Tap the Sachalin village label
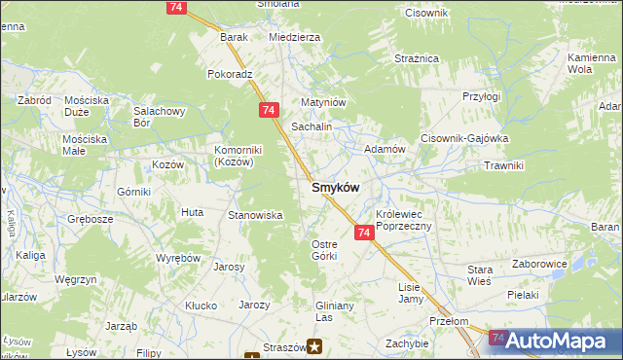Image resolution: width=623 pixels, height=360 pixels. [312, 127]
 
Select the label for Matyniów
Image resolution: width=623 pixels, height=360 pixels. [323, 101]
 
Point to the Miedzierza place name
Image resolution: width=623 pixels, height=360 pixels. [294, 37]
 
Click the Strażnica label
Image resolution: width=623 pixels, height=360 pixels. [419, 59]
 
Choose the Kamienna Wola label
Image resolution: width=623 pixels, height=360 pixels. [593, 64]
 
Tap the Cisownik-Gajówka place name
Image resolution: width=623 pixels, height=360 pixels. [464, 138]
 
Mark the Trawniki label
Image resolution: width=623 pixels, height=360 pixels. [503, 165]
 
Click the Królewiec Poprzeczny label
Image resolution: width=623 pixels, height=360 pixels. [410, 219]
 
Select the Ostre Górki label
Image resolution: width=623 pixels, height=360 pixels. [324, 249]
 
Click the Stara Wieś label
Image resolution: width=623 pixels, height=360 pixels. [480, 274]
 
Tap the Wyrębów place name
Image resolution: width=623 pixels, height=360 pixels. [178, 258]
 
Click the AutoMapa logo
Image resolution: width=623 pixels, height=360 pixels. [556, 341]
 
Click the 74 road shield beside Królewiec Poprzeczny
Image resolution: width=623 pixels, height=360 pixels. [364, 234]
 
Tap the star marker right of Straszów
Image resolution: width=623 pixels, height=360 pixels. [315, 344]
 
